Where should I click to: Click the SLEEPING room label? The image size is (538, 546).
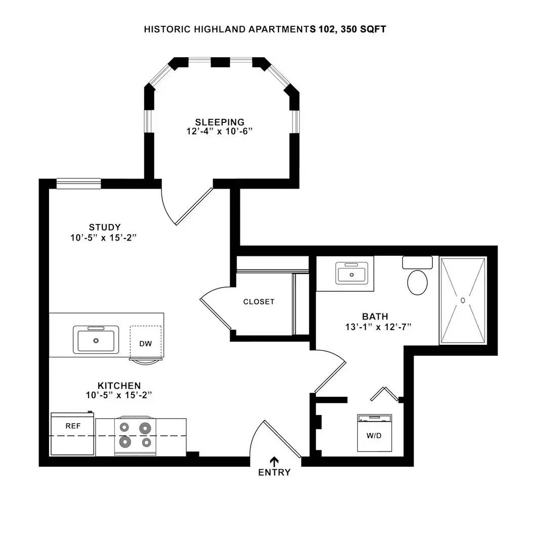220,122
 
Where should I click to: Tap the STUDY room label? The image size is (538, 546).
105,227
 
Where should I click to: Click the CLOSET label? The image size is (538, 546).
259,302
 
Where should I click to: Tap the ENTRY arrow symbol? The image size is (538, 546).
274,461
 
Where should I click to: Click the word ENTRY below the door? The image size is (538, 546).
274,473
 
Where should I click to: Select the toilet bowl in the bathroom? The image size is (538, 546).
417,282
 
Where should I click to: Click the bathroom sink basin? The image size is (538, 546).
351,275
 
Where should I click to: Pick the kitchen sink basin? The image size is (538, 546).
96,339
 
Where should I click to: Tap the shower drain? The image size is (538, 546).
463,300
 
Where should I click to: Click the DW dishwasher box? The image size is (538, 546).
146,343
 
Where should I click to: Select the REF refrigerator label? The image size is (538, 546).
73,426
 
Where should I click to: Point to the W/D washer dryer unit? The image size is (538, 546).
374,433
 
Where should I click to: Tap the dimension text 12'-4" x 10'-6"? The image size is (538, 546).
220,131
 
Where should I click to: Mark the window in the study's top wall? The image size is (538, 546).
78,184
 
